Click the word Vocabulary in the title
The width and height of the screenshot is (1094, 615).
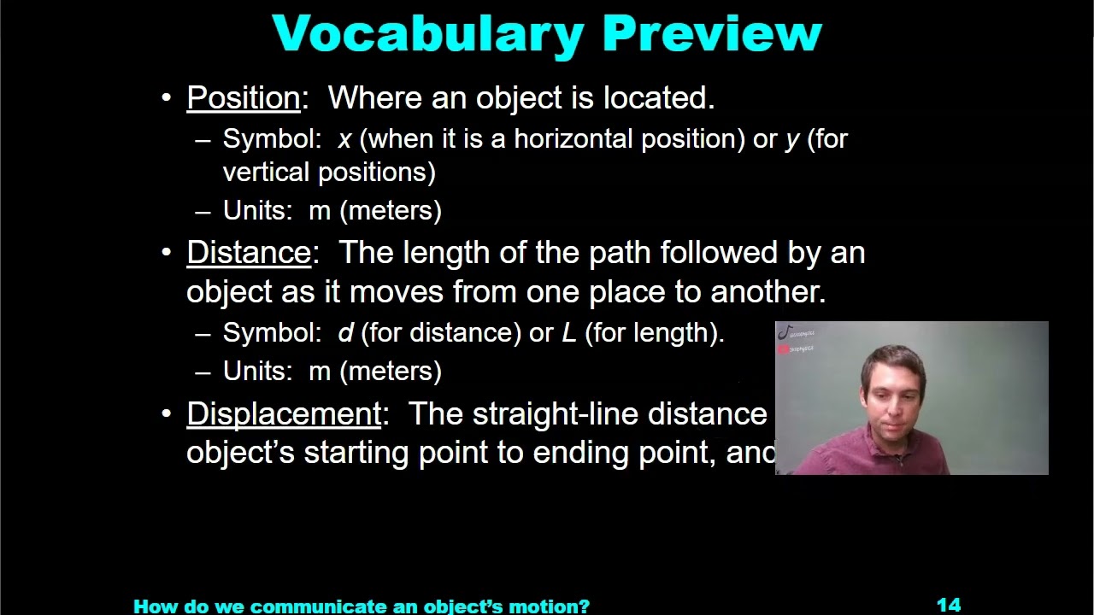[x=427, y=34]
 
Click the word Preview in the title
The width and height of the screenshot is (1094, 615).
[x=711, y=34]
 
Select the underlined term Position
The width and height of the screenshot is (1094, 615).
[x=244, y=98]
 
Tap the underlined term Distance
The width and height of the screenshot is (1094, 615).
[x=249, y=253]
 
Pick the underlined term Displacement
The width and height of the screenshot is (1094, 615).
[x=284, y=414]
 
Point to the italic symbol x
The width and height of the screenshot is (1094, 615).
[x=344, y=139]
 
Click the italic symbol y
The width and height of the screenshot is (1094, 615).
[x=791, y=140]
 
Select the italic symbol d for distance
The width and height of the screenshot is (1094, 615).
[x=345, y=332]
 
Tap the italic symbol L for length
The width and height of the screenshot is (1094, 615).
[x=568, y=332]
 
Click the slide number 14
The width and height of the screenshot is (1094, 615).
[x=949, y=606]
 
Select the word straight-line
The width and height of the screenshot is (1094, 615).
[x=556, y=414]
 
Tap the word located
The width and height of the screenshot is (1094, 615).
[x=658, y=98]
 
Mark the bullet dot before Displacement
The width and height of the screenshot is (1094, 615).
[x=167, y=414]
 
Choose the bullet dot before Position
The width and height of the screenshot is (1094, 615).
[x=167, y=98]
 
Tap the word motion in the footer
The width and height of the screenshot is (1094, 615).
[x=556, y=606]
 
